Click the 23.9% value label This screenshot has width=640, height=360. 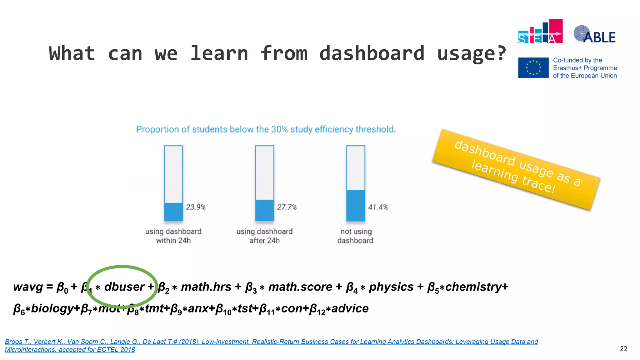(x=196, y=207)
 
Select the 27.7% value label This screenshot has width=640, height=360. (x=287, y=207)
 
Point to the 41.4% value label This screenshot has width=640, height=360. (x=378, y=207)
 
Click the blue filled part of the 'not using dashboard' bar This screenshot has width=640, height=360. (x=355, y=205)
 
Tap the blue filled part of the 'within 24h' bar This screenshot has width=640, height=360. (x=173, y=212)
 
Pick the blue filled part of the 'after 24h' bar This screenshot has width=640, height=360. (x=264, y=210)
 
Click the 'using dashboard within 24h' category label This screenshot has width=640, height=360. (x=173, y=236)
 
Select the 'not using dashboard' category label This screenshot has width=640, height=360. (x=356, y=236)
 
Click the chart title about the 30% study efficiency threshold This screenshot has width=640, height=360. (x=266, y=129)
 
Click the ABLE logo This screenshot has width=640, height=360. (x=594, y=35)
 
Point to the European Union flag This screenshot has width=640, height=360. (x=533, y=67)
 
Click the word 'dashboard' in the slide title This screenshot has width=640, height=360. (x=372, y=53)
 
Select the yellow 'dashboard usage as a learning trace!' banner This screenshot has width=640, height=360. (x=516, y=169)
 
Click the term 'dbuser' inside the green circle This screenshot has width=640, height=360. (x=124, y=287)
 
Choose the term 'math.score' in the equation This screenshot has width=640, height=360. (x=300, y=287)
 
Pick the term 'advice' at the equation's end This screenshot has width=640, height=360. (x=350, y=308)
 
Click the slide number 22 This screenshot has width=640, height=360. (x=623, y=348)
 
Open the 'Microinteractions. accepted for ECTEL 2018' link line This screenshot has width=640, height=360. (x=70, y=350)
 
